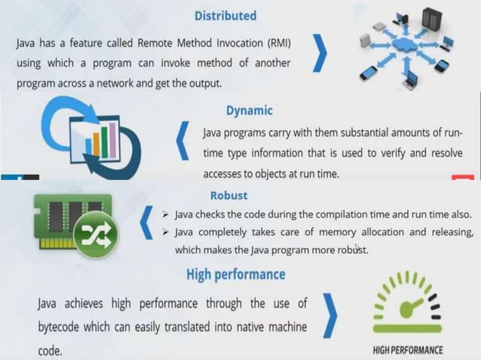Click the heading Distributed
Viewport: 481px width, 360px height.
225,15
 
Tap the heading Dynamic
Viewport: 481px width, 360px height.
249,110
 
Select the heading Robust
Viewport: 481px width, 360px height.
228,196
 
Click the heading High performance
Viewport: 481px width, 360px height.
235,274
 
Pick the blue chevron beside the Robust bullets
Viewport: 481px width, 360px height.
147,223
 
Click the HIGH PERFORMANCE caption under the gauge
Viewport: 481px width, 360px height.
408,350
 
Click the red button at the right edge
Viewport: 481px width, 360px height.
462,178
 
